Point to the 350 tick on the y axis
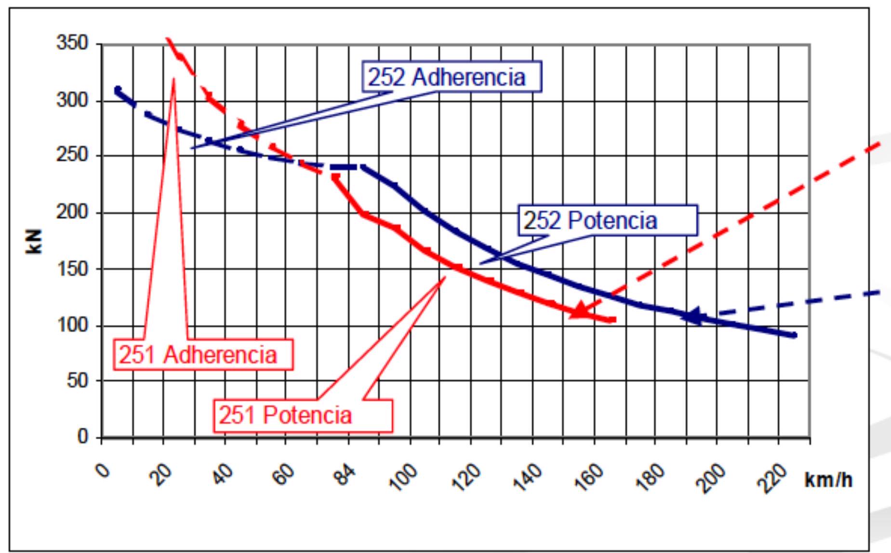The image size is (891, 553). [72, 43]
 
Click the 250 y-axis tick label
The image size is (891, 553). [72, 155]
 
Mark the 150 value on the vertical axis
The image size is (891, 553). [72, 269]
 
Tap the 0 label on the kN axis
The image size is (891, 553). [83, 437]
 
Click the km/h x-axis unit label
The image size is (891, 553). [828, 480]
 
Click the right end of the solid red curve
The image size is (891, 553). [613, 320]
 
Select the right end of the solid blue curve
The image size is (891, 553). [794, 335]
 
